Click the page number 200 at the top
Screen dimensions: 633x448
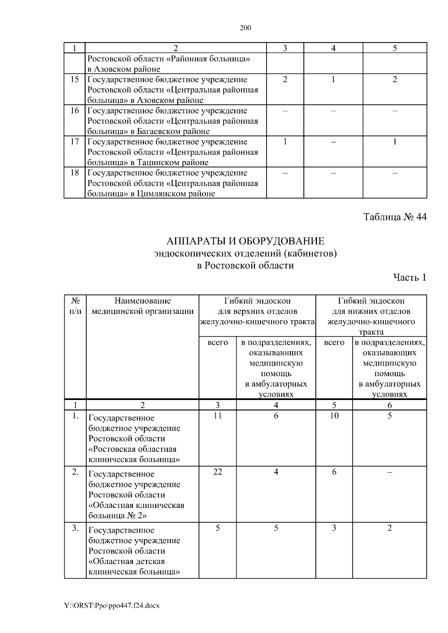245,28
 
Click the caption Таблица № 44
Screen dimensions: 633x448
395,217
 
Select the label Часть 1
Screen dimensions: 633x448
410,277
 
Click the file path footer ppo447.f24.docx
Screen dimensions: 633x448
112,606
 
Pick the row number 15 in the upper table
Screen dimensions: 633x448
75,79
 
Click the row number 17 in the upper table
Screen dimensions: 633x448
75,142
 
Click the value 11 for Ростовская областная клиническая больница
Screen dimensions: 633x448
217,416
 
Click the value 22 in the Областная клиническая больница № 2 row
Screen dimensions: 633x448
217,472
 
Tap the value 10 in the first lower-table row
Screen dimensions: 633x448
334,416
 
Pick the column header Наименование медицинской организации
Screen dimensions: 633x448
143,306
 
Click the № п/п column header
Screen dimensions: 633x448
75,306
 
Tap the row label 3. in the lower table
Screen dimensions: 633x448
75,528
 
